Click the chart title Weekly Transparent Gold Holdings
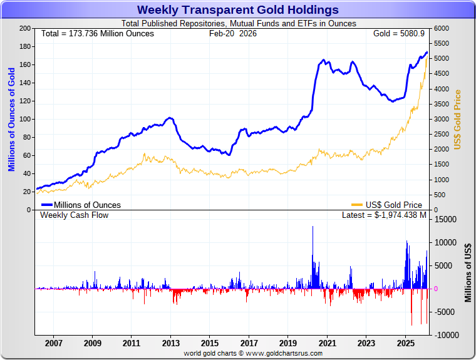click(x=237, y=10)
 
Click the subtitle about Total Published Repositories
click(x=238, y=24)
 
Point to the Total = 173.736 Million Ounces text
click(x=97, y=33)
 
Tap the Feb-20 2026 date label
click(x=232, y=33)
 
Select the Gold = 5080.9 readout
click(x=398, y=33)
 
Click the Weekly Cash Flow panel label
click(x=74, y=215)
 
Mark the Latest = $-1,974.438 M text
click(x=384, y=215)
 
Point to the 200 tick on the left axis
click(x=25, y=29)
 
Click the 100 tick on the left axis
click(x=25, y=119)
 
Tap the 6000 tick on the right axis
click(x=442, y=29)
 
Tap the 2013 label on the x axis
click(x=171, y=343)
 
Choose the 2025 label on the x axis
click(x=405, y=343)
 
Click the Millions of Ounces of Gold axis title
click(x=11, y=119)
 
